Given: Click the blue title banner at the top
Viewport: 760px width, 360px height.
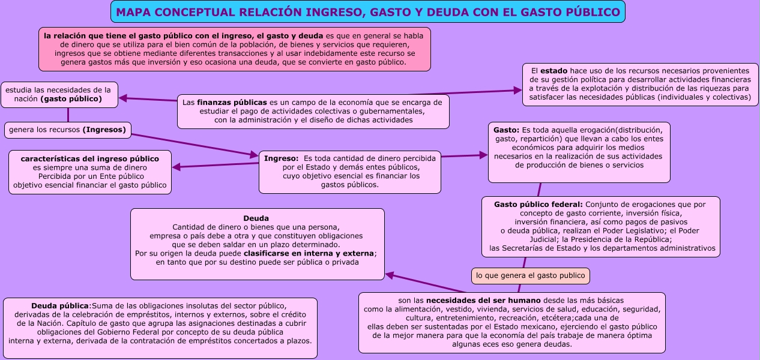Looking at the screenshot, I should coord(367,12).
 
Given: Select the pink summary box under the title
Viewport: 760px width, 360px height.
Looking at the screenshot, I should coord(235,49).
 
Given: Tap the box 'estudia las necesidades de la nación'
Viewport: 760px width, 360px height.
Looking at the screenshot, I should coord(59,95).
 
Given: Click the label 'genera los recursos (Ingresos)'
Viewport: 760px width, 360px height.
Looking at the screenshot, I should coord(67,130).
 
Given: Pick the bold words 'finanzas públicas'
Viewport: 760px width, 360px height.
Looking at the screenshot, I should coord(232,102).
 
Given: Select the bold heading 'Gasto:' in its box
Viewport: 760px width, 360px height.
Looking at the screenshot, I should coord(506,130).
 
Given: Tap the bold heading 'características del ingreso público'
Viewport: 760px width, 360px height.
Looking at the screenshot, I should coord(90,159).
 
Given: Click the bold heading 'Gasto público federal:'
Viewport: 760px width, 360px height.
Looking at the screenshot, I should coord(538,205).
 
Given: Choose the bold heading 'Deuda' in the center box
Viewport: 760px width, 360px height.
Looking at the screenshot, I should coord(256,218).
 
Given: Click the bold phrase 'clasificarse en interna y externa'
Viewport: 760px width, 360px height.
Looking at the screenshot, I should coord(304,253).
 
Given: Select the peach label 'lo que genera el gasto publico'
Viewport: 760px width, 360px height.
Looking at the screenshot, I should coord(530,276).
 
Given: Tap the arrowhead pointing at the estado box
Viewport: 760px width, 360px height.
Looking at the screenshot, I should coord(518,91).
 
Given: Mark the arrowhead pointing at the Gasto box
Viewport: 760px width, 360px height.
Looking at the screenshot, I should coord(483,155).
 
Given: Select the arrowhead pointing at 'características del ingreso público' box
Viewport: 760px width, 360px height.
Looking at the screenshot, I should coord(176,167).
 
